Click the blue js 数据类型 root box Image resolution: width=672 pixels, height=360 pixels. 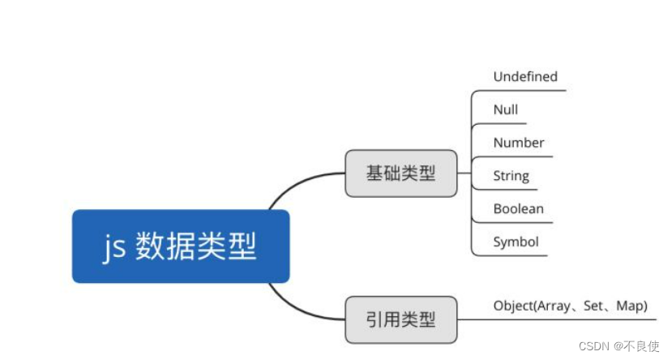(x=181, y=246)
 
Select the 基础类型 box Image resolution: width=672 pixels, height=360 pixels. (x=400, y=173)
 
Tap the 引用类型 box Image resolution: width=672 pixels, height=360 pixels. (x=400, y=319)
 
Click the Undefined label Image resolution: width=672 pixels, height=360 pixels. (x=525, y=76)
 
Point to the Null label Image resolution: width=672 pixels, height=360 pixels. (x=505, y=109)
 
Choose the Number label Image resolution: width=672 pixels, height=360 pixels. (x=518, y=143)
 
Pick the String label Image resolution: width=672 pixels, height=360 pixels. (x=511, y=175)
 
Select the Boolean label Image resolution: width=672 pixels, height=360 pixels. (x=518, y=208)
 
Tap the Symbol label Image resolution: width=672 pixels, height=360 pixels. (x=516, y=242)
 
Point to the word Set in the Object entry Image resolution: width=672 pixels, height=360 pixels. (x=600, y=306)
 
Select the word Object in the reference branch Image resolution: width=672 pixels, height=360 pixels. (x=513, y=306)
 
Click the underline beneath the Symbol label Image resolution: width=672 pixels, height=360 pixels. (x=511, y=255)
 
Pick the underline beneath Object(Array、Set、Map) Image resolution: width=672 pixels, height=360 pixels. (x=567, y=319)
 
